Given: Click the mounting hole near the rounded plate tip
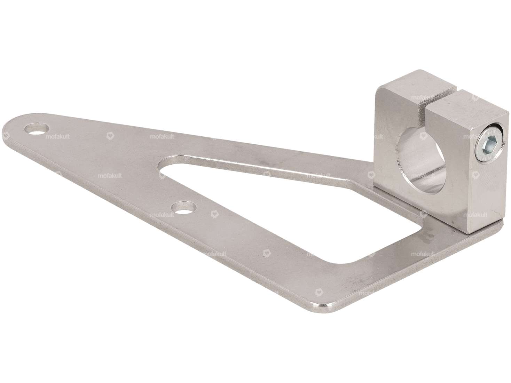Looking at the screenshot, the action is (x=37, y=128).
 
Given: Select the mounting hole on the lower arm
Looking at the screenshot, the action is (x=183, y=207).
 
